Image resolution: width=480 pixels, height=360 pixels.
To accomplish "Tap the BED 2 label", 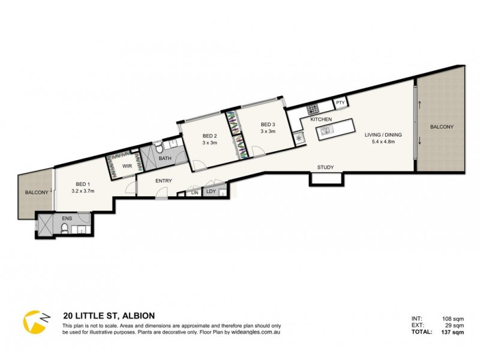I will [x=209, y=136].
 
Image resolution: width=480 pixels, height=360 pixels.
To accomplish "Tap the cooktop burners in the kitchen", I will [x=313, y=109].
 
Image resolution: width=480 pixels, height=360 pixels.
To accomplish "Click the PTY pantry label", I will [x=340, y=103].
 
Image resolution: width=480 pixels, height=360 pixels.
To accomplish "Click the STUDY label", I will [x=326, y=167].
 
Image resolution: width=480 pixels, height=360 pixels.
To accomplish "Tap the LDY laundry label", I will [x=211, y=192].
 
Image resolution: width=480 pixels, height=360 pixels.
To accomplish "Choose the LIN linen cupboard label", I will [x=194, y=193].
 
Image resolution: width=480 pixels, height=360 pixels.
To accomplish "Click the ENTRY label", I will [x=164, y=181].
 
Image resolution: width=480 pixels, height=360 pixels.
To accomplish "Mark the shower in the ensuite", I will [x=46, y=224].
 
